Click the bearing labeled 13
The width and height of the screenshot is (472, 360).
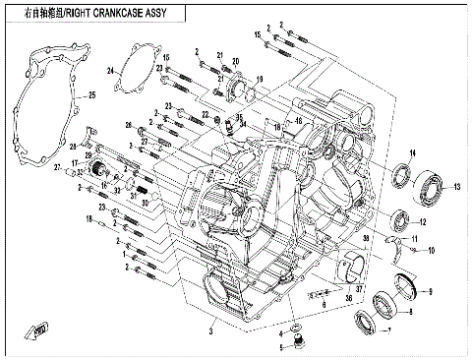pyautogui.click(x=429, y=183)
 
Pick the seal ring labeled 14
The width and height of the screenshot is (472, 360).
pyautogui.click(x=403, y=177)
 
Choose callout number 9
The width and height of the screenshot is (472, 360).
pyautogui.click(x=428, y=293)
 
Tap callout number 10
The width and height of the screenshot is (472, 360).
pyautogui.click(x=431, y=252)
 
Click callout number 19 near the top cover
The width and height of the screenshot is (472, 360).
pyautogui.click(x=260, y=78)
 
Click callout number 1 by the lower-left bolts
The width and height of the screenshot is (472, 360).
pyautogui.click(x=125, y=255)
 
